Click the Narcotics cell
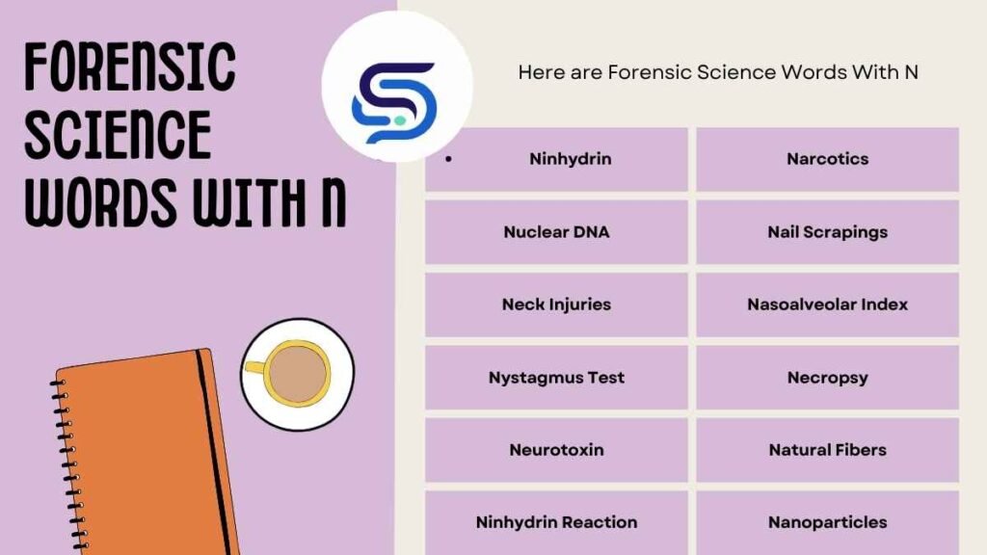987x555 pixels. pyautogui.click(x=827, y=159)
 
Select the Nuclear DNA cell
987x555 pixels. pyautogui.click(x=556, y=232)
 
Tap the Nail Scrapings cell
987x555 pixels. pyautogui.click(x=827, y=232)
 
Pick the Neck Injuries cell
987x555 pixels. pyautogui.click(x=556, y=304)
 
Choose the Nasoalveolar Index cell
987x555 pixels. pyautogui.click(x=827, y=304)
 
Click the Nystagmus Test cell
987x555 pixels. pyautogui.click(x=556, y=378)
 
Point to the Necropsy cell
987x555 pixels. pyautogui.click(x=827, y=378)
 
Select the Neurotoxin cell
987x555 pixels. pyautogui.click(x=556, y=450)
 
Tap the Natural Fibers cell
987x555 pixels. pyautogui.click(x=827, y=450)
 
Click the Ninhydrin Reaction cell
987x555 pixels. pyautogui.click(x=556, y=522)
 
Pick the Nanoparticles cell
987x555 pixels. pyautogui.click(x=827, y=522)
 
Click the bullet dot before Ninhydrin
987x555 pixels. pyautogui.click(x=448, y=159)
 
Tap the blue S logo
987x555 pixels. pyautogui.click(x=394, y=101)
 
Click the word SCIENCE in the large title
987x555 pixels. pyautogui.click(x=118, y=135)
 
